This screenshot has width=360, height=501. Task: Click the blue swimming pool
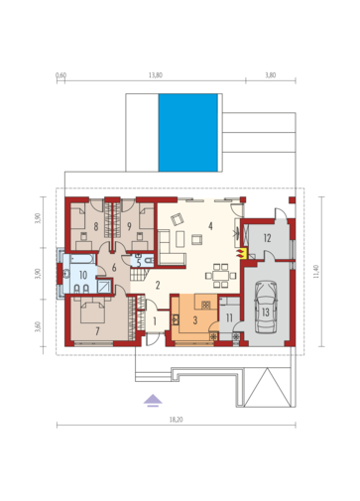tap(187, 133)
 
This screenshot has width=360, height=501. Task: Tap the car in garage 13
tap(266, 308)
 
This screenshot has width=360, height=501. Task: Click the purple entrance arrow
tap(153, 400)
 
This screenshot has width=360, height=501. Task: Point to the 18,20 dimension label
tap(176, 420)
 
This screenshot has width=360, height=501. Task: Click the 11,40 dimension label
tap(315, 272)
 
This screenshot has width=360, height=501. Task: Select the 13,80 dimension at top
tap(156, 75)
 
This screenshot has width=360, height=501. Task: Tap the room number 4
tap(210, 226)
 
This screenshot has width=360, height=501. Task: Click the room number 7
tap(97, 331)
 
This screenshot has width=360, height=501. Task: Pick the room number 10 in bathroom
tap(82, 275)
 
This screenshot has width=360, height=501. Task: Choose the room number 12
tap(267, 238)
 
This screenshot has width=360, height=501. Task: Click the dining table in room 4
tap(221, 276)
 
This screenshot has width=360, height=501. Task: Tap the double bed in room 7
tap(93, 310)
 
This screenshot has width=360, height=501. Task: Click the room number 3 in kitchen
tap(195, 320)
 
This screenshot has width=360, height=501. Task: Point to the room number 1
tap(155, 320)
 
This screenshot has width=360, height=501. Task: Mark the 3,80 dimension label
tap(271, 75)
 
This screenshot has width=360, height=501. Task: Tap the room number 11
tap(229, 318)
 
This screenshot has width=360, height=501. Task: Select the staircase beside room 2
tap(139, 275)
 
